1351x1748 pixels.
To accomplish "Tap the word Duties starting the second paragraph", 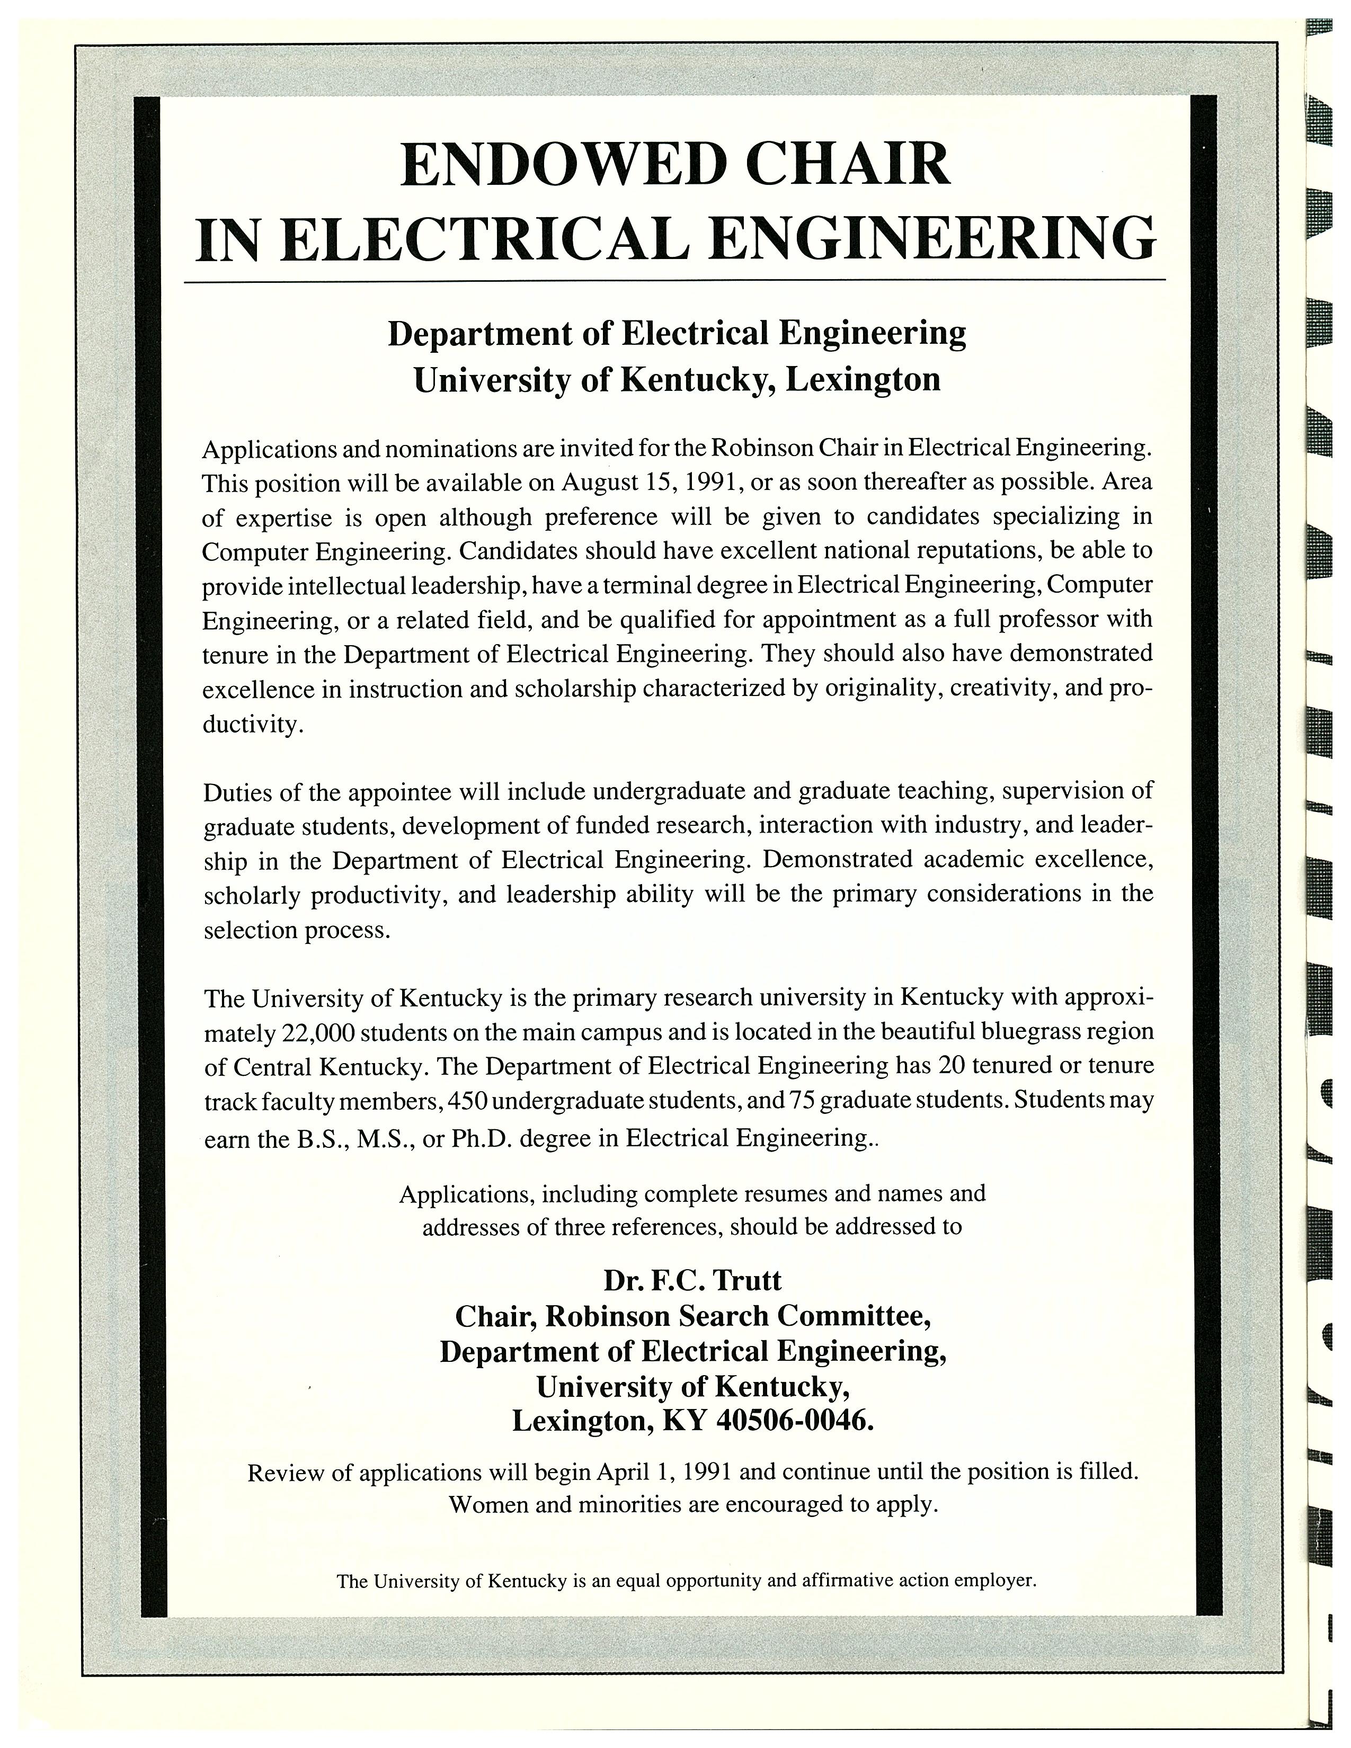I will click(238, 791).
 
